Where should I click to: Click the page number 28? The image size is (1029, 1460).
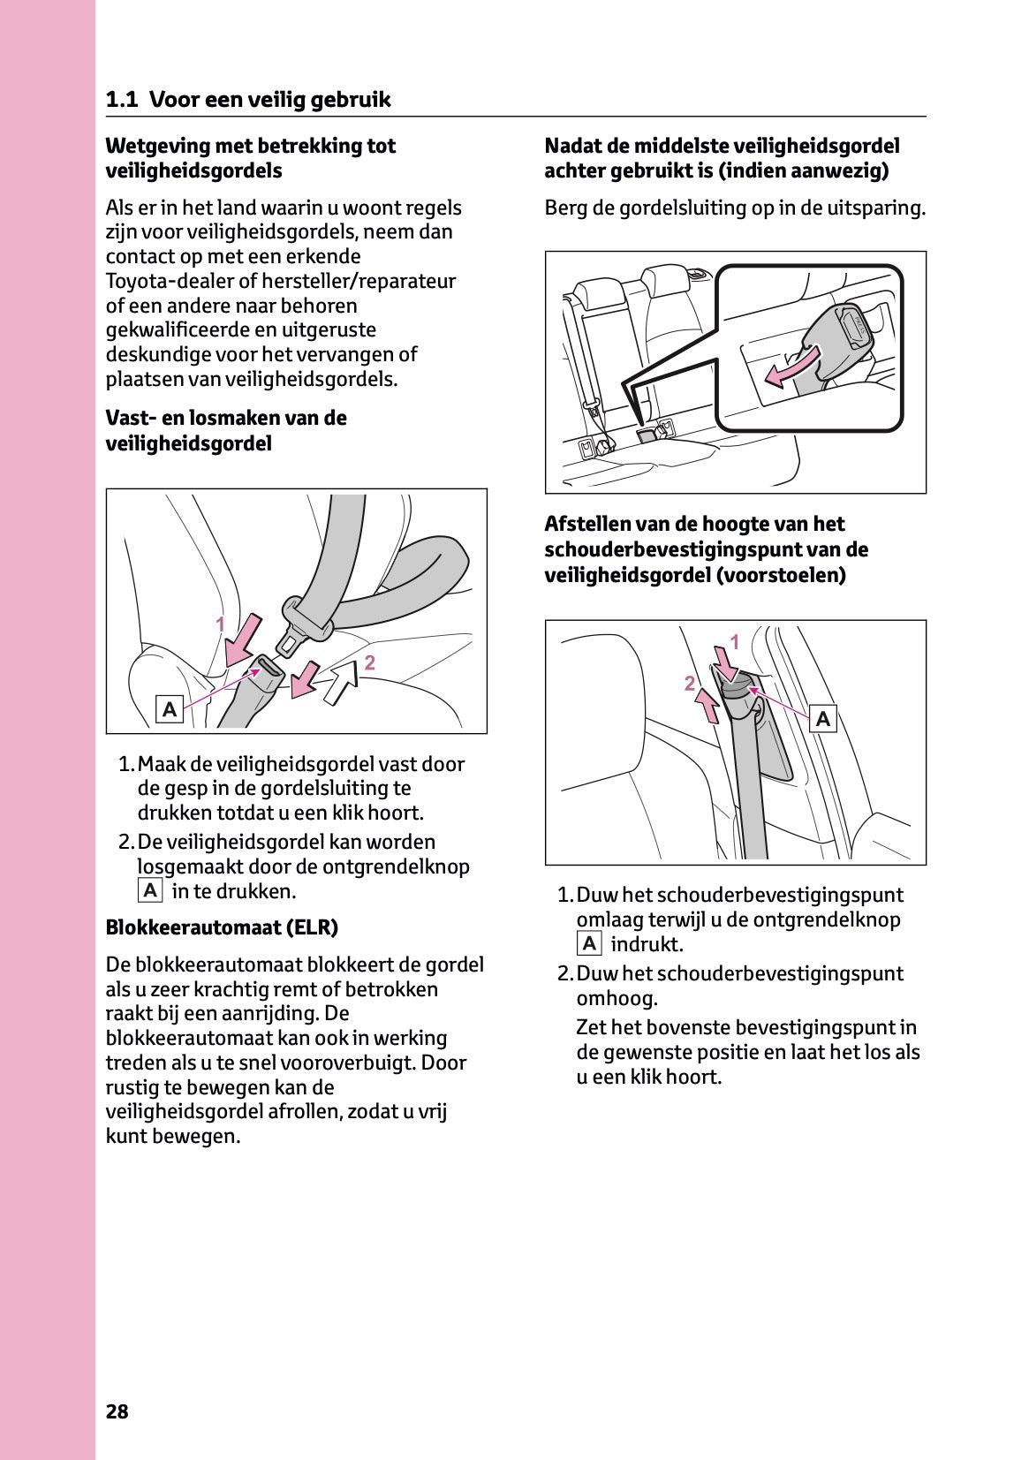pyautogui.click(x=117, y=1411)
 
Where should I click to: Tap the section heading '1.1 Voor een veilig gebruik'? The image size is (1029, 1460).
pyautogui.click(x=248, y=100)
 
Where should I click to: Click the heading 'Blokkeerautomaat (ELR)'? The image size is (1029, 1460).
pyautogui.click(x=222, y=927)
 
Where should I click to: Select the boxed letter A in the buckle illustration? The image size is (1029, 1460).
pyautogui.click(x=170, y=708)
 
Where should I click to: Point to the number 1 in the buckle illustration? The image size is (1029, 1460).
pyautogui.click(x=221, y=624)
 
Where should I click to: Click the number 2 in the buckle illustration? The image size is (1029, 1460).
pyautogui.click(x=369, y=662)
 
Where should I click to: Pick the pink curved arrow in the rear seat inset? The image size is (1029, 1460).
pyautogui.click(x=792, y=366)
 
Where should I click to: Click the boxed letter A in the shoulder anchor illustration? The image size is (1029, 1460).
pyautogui.click(x=823, y=719)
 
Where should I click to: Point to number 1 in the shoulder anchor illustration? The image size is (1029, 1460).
pyautogui.click(x=734, y=642)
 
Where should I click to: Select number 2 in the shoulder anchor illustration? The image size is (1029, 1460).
pyautogui.click(x=688, y=683)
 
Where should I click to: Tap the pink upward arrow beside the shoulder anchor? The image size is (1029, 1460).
pyautogui.click(x=707, y=704)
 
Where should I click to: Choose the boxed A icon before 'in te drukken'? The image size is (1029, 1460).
pyautogui.click(x=150, y=891)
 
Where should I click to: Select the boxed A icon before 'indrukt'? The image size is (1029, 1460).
pyautogui.click(x=589, y=944)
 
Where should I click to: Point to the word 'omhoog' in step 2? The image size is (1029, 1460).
pyautogui.click(x=617, y=999)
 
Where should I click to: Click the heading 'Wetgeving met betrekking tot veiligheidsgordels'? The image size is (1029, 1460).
pyautogui.click(x=250, y=158)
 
